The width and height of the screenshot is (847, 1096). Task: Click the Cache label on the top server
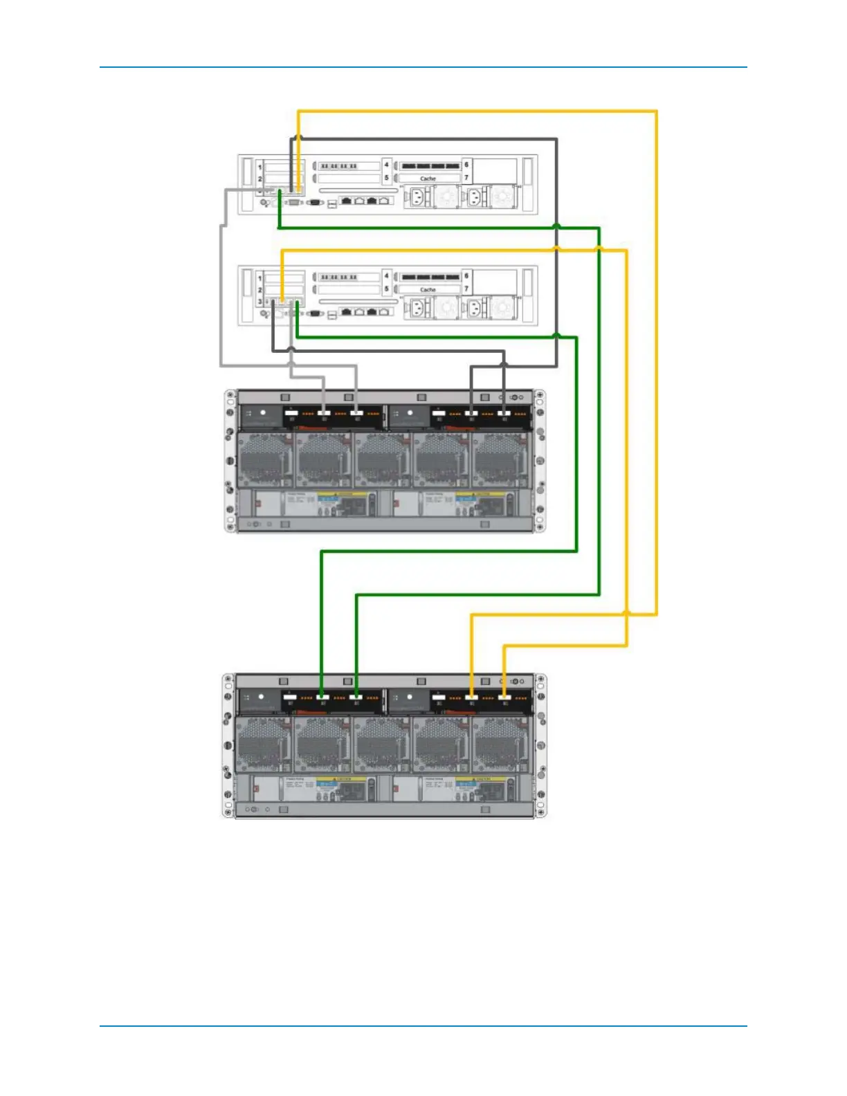(428, 179)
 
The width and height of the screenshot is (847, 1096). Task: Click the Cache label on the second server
(428, 290)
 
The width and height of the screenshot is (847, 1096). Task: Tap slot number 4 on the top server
(387, 165)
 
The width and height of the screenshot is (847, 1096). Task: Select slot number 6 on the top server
(466, 165)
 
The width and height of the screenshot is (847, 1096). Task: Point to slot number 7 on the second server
(466, 289)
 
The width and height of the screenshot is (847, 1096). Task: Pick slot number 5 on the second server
(387, 289)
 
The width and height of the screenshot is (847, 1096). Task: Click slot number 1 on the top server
(260, 167)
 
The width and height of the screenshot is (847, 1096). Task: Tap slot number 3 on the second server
(260, 302)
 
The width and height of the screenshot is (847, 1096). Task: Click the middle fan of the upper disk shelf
(383, 460)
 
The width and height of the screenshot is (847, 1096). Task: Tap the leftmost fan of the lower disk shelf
(263, 745)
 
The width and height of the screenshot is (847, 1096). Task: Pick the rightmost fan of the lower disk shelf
(500, 745)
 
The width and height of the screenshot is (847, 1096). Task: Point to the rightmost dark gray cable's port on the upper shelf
(504, 414)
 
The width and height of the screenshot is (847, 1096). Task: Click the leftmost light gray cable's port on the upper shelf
(323, 414)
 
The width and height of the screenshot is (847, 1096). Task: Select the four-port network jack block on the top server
(367, 201)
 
